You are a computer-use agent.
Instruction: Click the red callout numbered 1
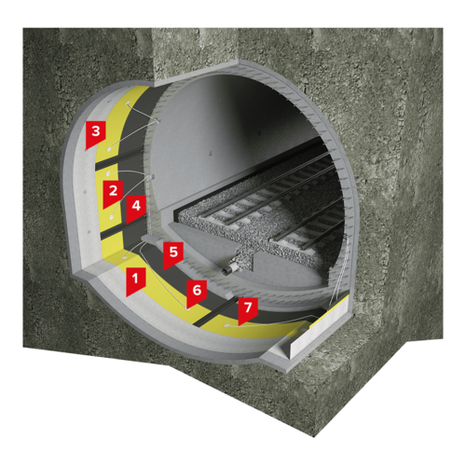(x=135, y=281)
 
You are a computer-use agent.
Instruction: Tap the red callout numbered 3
(x=96, y=134)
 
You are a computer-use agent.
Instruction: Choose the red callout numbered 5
(x=173, y=255)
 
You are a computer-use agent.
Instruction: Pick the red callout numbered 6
(x=197, y=293)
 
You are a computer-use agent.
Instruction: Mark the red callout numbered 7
(x=248, y=310)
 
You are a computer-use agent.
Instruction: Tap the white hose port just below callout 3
(x=110, y=149)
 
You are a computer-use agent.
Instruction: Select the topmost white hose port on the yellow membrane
(x=128, y=103)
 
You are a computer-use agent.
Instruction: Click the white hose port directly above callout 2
(x=108, y=172)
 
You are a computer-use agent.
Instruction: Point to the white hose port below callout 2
(x=111, y=216)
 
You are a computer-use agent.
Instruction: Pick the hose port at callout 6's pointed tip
(x=187, y=308)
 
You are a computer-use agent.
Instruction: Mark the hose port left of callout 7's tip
(x=226, y=325)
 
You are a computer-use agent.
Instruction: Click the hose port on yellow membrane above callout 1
(x=126, y=256)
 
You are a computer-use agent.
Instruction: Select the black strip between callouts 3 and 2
(x=119, y=159)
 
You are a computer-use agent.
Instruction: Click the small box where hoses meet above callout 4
(x=152, y=177)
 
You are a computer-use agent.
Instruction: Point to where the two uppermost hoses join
(x=157, y=121)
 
